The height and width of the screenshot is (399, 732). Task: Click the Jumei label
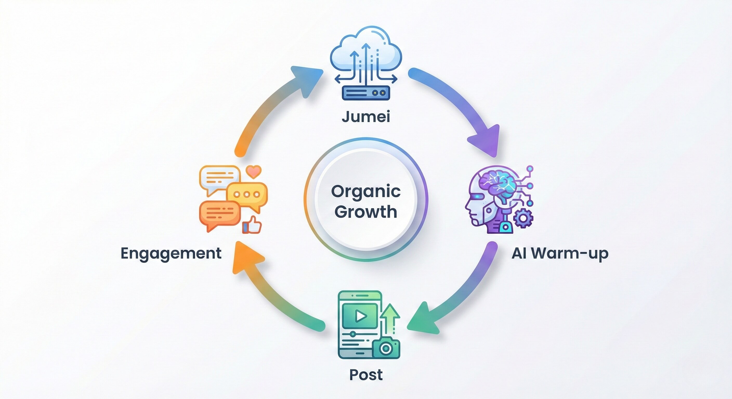click(366, 117)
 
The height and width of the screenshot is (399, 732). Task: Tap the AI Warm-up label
click(560, 253)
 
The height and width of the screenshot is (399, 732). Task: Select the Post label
click(366, 375)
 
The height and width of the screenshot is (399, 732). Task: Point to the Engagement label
click(171, 253)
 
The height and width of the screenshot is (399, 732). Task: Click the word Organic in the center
click(366, 192)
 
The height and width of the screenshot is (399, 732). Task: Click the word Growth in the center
click(366, 212)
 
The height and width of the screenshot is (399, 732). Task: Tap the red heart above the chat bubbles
click(253, 171)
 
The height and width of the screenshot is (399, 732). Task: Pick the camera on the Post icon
click(386, 348)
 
